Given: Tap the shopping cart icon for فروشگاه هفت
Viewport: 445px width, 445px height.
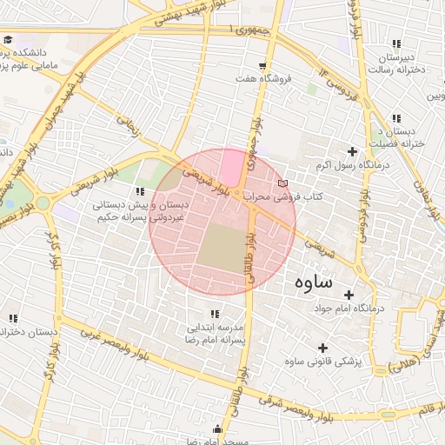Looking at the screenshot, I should [x=262, y=66].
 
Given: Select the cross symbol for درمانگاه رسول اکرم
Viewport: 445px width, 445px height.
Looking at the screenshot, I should [x=352, y=151].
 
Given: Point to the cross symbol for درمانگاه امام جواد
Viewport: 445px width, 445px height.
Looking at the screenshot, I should [x=349, y=295].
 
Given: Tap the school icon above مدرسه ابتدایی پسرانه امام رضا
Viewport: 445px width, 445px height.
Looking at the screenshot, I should [x=213, y=314].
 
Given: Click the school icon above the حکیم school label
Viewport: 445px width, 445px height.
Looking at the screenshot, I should [x=138, y=191].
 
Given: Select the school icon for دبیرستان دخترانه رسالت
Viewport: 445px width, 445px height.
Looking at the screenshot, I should [x=396, y=43].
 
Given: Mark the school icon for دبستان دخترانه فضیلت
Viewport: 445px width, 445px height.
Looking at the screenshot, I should [x=396, y=118].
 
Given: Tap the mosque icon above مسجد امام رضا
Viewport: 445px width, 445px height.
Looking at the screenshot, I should [x=217, y=430].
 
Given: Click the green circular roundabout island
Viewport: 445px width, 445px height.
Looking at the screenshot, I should [x=42, y=203].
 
